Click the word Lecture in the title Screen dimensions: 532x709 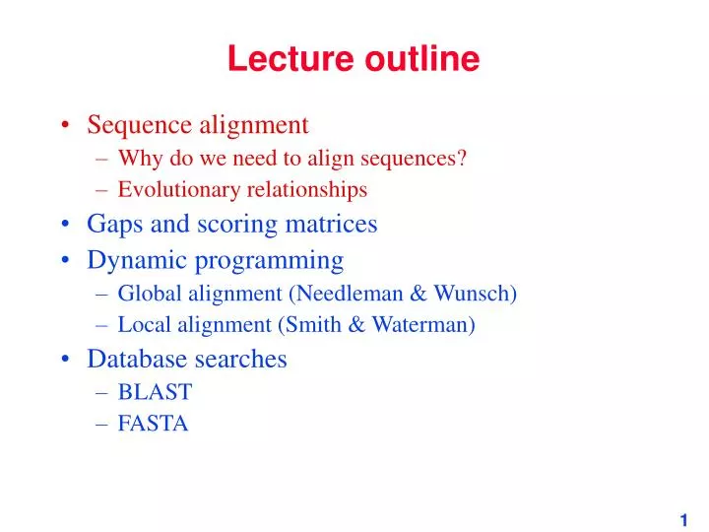click(279, 60)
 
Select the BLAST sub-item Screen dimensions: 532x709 click(155, 392)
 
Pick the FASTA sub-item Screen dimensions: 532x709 click(153, 425)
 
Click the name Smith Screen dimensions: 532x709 click(311, 325)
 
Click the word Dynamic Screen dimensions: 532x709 click(129, 260)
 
